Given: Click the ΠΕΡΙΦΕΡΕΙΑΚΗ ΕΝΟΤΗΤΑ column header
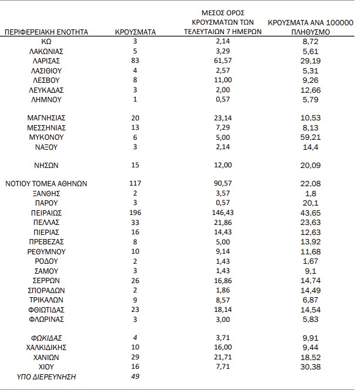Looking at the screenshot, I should [46, 32].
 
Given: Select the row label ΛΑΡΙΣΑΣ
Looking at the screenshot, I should [46, 61].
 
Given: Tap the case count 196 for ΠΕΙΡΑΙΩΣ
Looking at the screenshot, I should [135, 213].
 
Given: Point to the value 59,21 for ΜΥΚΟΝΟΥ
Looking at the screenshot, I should [311, 137].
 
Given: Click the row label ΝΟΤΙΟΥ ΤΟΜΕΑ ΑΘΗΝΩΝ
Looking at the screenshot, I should [46, 183].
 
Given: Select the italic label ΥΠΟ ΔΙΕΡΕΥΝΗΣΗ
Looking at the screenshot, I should [46, 376].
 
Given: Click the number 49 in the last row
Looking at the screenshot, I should [135, 376].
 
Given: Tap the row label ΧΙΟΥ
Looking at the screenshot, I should [46, 366].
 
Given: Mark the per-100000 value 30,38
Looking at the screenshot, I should [311, 366].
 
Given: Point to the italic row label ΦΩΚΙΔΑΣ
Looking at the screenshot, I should [46, 338].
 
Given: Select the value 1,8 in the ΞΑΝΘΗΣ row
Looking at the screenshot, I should [311, 193].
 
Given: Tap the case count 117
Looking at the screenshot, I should [135, 183].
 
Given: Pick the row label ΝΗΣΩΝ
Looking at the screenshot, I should [46, 165].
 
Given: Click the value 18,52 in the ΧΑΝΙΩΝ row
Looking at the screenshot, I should [311, 357].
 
